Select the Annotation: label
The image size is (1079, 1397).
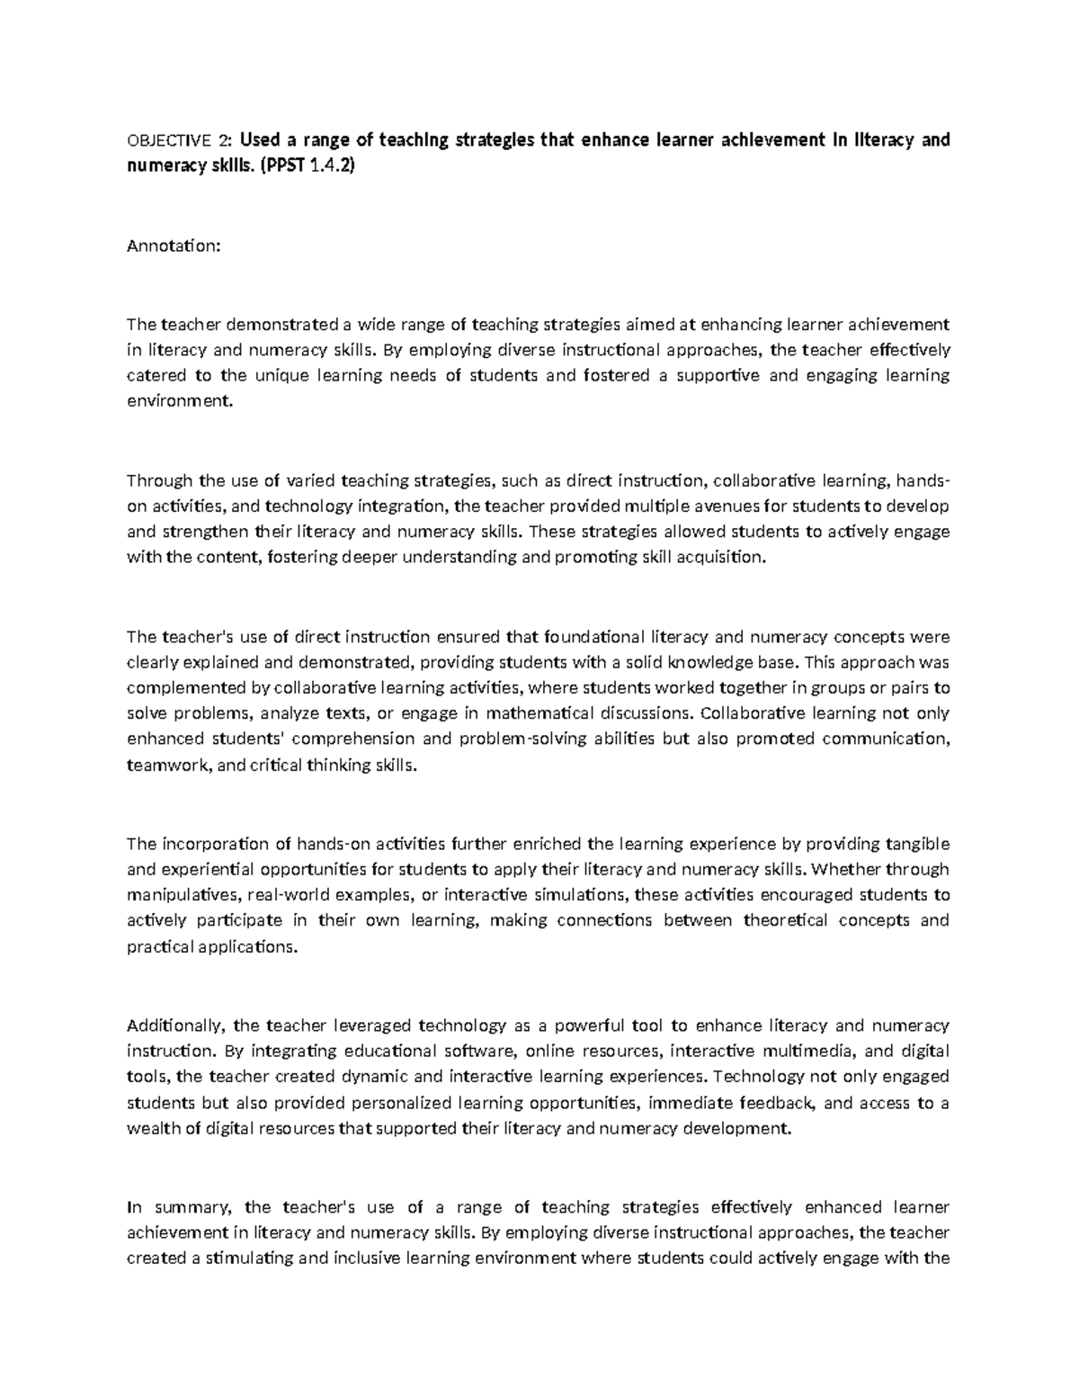coord(173,246)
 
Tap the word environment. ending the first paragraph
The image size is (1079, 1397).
coord(179,401)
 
